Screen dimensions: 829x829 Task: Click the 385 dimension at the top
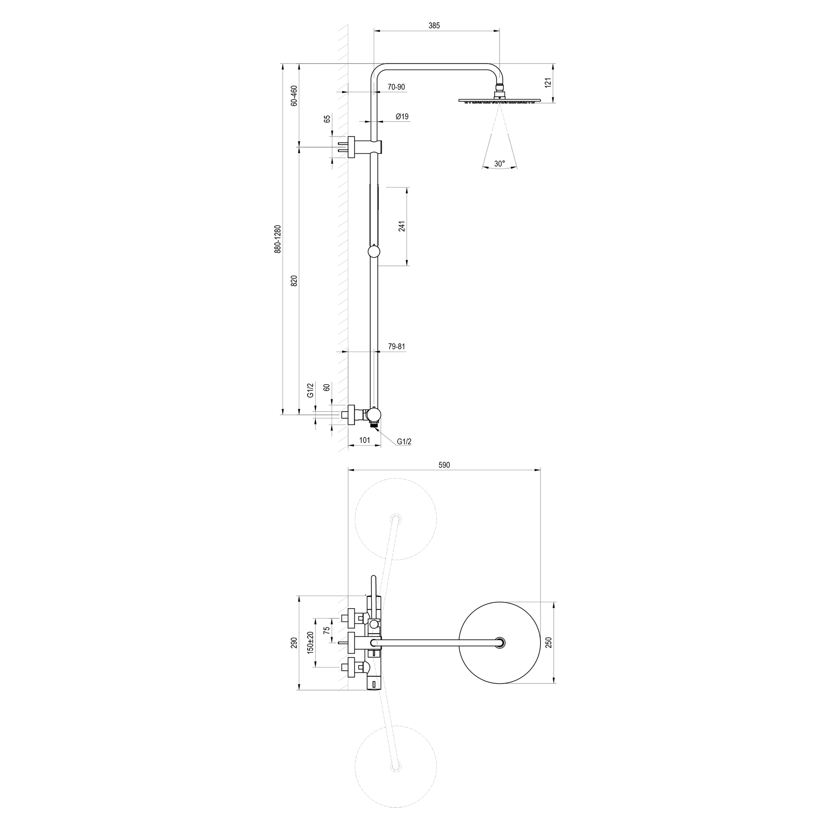pyautogui.click(x=434, y=26)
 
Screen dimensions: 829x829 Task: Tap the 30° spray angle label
pyautogui.click(x=499, y=163)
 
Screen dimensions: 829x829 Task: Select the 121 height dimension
pyautogui.click(x=548, y=83)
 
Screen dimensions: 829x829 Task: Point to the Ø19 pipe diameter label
pyautogui.click(x=402, y=116)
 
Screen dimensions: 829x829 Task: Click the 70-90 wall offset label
pyautogui.click(x=396, y=87)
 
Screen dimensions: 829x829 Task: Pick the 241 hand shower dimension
pyautogui.click(x=402, y=226)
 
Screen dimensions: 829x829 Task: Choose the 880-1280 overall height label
pyautogui.click(x=278, y=239)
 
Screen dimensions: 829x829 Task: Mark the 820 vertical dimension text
pyautogui.click(x=294, y=281)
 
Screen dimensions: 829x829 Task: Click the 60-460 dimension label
pyautogui.click(x=294, y=96)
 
